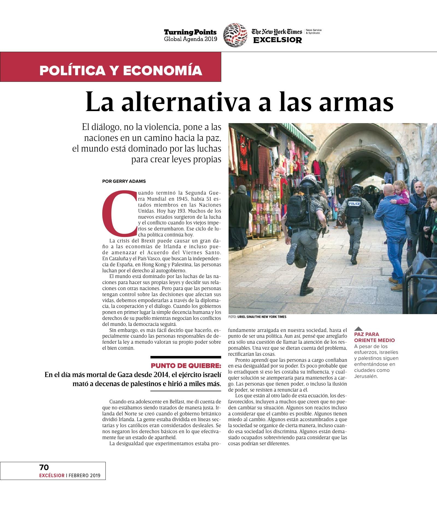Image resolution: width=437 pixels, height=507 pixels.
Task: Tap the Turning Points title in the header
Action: pos(190,32)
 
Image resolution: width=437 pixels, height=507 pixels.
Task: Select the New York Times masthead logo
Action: pos(277,32)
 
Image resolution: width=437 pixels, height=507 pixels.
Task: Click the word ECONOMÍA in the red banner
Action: pos(163,71)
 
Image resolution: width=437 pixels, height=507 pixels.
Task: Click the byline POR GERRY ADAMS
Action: pos(124,181)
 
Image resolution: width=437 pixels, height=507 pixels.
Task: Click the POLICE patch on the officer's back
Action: pos(355,204)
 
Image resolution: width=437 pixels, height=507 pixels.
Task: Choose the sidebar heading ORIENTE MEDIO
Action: pos(374,340)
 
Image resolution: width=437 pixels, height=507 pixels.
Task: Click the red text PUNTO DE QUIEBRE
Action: pos(186,366)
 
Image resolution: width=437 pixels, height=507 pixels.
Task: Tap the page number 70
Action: pos(44,467)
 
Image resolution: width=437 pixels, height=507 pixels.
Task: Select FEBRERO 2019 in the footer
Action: pos(84,476)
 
